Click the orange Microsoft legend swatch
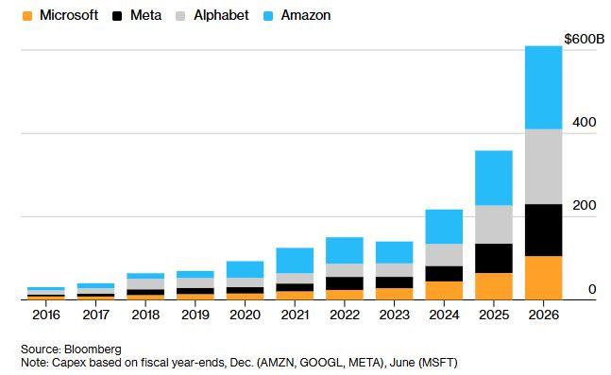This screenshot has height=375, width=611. [x=26, y=15]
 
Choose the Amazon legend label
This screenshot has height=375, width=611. [x=306, y=15]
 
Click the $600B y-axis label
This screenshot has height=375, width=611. [x=582, y=39]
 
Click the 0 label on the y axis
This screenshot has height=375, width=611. [x=591, y=289]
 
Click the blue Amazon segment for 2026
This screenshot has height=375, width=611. [x=543, y=87]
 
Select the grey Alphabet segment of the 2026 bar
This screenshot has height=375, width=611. [x=543, y=166]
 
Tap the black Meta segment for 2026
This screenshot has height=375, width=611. [x=543, y=230]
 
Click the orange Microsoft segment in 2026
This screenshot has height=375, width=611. [x=543, y=278]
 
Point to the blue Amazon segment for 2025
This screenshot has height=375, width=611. [x=493, y=178]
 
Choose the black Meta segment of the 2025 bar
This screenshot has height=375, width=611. [x=493, y=258]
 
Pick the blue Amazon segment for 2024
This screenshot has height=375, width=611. [x=443, y=227]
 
